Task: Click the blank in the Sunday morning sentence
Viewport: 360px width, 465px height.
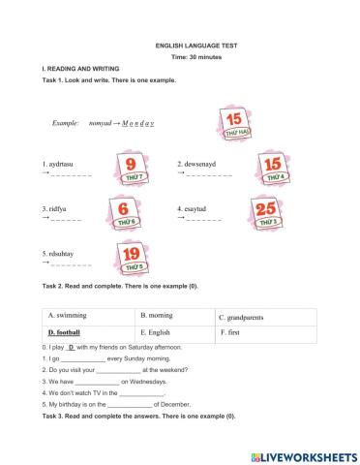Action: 81,358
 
